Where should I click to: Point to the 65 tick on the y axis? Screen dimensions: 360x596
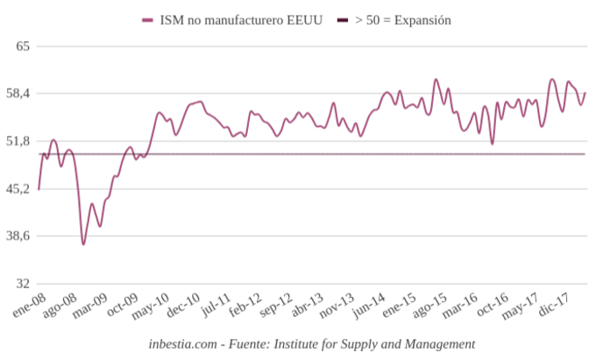tap(23, 46)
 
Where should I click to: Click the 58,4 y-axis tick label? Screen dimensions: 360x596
tap(18, 93)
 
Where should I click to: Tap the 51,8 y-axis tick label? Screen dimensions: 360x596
tap(18, 141)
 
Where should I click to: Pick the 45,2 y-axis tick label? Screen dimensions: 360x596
tap(18, 188)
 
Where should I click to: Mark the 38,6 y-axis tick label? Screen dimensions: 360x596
tap(18, 236)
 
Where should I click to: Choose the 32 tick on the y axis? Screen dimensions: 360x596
tap(23, 284)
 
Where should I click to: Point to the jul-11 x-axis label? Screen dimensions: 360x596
tap(216, 305)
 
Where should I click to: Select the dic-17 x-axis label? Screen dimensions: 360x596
tap(560, 305)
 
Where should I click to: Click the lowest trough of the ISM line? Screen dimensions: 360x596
tap(83, 244)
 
